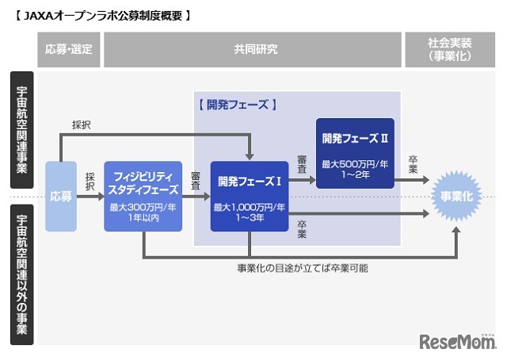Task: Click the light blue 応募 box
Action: [61, 196]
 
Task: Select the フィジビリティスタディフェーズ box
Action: [143, 196]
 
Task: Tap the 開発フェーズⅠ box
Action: [250, 196]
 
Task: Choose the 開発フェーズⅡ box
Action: [354, 153]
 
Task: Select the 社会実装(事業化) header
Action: [450, 49]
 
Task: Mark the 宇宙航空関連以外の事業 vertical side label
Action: [21, 274]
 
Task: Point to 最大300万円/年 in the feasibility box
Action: [143, 208]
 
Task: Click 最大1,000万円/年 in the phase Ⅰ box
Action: [250, 208]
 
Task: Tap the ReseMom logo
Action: [456, 341]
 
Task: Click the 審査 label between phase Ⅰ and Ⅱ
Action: [302, 163]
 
